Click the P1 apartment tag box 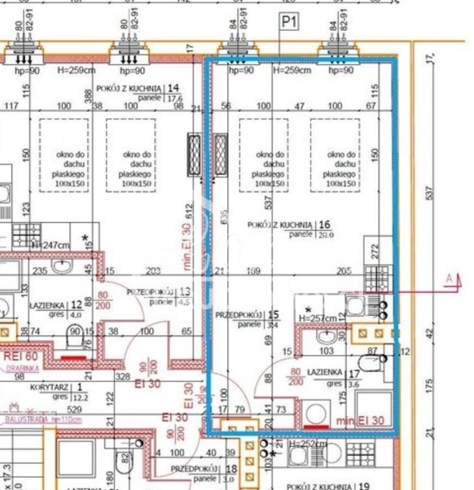click(x=288, y=22)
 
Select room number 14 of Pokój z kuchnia click(x=173, y=88)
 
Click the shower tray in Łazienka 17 click(x=374, y=406)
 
